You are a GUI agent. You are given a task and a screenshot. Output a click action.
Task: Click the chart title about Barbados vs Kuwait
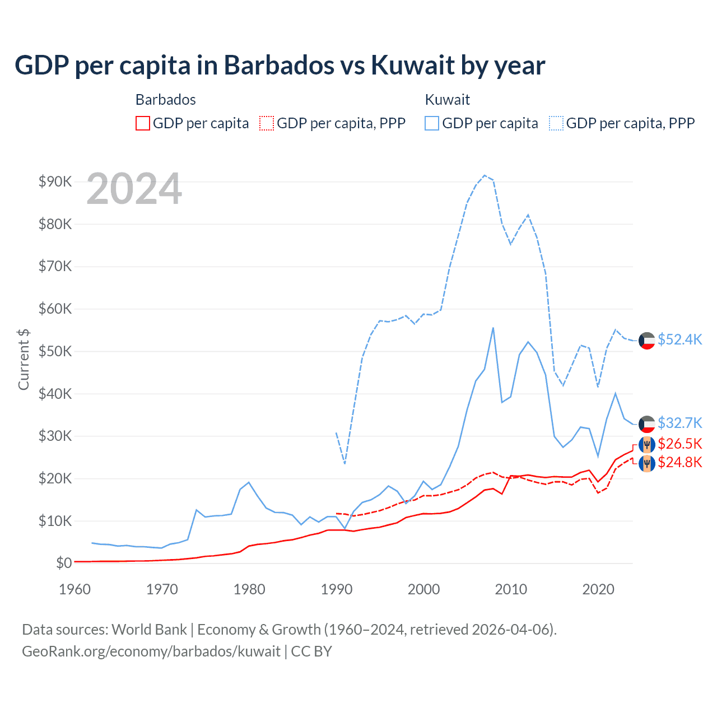280,65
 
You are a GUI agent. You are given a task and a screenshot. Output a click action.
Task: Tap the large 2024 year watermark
134,189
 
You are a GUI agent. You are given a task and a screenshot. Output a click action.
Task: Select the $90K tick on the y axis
55,181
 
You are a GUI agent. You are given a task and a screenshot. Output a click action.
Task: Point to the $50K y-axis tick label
55,351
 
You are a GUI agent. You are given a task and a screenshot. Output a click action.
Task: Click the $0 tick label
63,563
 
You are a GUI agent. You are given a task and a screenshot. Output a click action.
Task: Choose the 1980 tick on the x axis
249,589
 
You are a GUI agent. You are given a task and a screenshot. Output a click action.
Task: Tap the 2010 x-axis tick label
511,589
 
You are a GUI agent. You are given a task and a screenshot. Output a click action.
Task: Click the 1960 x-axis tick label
75,589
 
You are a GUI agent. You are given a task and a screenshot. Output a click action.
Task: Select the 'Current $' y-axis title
24,359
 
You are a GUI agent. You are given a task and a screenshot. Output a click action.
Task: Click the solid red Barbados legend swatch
143,123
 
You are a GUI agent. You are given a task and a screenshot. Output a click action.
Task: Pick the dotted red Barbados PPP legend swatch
267,123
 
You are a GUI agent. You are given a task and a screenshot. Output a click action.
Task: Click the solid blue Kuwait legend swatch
432,123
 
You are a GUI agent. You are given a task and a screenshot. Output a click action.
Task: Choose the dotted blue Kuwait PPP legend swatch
556,123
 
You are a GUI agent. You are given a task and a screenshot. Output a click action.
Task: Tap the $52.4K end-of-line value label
679,340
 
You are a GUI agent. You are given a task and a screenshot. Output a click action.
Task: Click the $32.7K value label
679,423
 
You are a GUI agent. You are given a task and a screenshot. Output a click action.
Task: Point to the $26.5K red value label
679,444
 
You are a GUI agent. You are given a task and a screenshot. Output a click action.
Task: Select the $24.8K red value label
679,463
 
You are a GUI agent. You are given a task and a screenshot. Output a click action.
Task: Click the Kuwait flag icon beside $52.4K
647,341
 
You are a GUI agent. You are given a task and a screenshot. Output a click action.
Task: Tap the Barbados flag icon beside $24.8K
647,463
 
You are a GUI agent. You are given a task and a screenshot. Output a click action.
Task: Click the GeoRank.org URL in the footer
151,651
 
